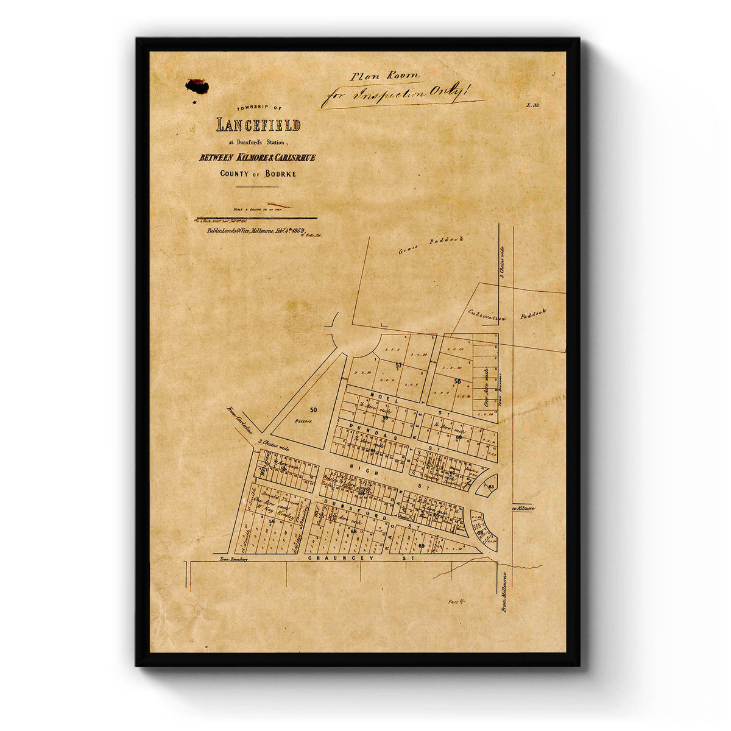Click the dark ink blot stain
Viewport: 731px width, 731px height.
pos(197,87)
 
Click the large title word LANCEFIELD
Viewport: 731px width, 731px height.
pos(258,125)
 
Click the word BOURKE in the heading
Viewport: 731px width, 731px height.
pos(276,174)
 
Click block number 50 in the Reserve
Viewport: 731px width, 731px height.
pos(313,410)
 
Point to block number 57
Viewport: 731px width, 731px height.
pos(399,365)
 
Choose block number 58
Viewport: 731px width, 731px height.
pos(457,381)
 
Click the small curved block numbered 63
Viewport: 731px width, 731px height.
pos(490,486)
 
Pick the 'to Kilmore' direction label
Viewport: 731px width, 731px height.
pos(523,508)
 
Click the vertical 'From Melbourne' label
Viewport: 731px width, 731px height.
pos(504,591)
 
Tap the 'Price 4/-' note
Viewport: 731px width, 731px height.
pos(456,601)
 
